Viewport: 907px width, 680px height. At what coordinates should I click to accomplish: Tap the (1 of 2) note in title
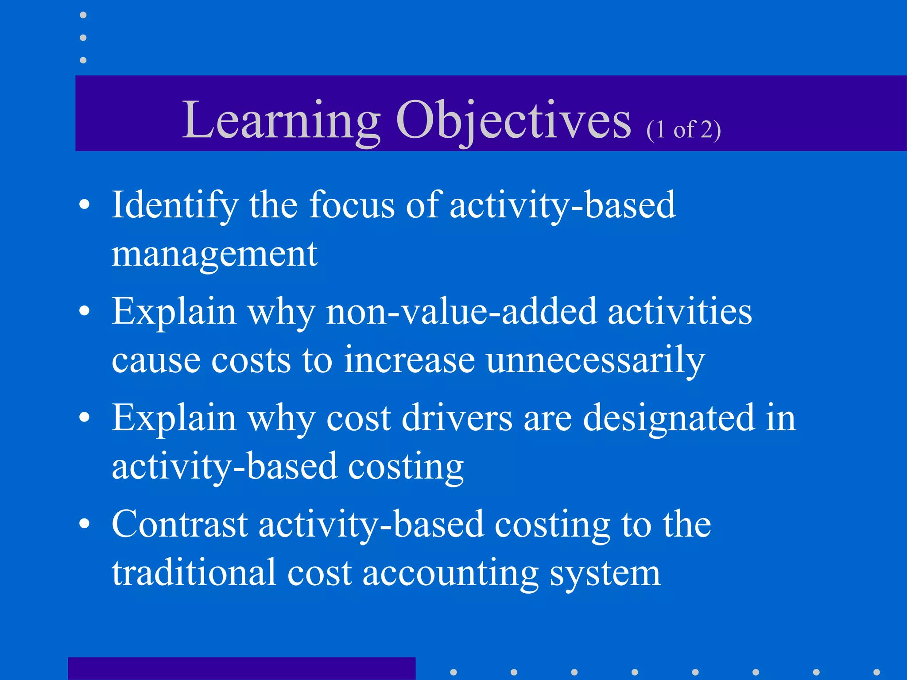pos(683,130)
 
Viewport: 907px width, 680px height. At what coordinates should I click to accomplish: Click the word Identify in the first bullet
pos(174,205)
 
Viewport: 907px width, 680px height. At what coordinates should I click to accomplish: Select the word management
pos(214,255)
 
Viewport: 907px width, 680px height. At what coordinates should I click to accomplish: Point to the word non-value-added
pos(461,311)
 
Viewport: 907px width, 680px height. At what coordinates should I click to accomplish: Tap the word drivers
pos(457,418)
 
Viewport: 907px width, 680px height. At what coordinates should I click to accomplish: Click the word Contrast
pos(179,524)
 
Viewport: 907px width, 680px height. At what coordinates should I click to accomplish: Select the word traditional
pos(194,573)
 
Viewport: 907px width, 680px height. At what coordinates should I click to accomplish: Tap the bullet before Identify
pos(84,205)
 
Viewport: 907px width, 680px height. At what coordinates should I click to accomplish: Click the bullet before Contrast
pos(84,524)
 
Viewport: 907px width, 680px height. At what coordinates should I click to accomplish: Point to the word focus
pos(352,205)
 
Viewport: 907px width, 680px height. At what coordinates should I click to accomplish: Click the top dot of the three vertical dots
pos(83,15)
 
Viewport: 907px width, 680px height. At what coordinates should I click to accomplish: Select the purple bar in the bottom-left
pos(241,668)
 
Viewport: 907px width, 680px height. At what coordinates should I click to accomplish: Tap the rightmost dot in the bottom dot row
pos(876,672)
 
